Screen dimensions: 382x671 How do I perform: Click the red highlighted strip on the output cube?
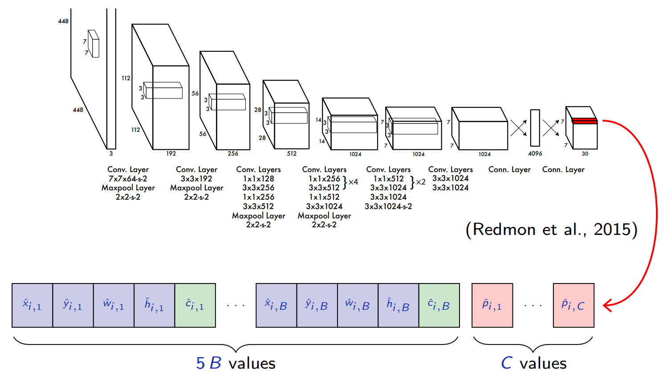[x=585, y=121]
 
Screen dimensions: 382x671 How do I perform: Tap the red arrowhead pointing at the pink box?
[x=606, y=305]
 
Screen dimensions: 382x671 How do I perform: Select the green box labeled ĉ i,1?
[x=195, y=305]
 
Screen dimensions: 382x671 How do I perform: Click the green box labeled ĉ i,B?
[x=439, y=305]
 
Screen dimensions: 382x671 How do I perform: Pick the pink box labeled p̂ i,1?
[x=492, y=305]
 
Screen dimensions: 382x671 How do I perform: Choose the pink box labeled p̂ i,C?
[x=573, y=305]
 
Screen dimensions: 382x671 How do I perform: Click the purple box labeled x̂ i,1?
[x=32, y=305]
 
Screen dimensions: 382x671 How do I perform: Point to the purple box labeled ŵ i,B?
[x=358, y=305]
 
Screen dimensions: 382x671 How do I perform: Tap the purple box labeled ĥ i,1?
[x=154, y=305]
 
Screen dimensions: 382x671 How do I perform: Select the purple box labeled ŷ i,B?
[x=317, y=305]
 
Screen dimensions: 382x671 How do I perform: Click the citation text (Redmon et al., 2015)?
[x=551, y=230]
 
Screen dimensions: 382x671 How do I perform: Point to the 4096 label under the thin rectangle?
[x=535, y=154]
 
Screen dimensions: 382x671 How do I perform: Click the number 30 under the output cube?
[x=585, y=154]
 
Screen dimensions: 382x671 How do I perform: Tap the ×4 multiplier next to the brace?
[x=353, y=182]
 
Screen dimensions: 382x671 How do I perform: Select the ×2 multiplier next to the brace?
[x=420, y=182]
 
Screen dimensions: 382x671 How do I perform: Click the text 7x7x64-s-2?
[x=128, y=179]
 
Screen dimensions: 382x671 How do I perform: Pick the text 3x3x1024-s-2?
[x=388, y=206]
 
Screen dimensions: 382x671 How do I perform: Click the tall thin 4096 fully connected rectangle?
[x=535, y=128]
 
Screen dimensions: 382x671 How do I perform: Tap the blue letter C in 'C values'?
[x=507, y=363]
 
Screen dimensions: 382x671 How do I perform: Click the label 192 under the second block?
[x=171, y=153]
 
